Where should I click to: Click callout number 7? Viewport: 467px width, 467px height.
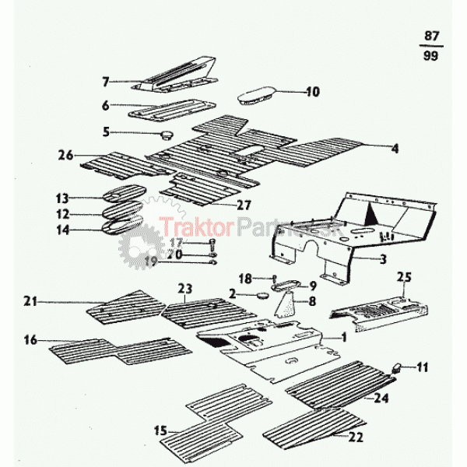106,80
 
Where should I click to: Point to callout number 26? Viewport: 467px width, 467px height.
65,155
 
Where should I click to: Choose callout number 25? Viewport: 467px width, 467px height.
403,276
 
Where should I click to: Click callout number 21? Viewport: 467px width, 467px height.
31,300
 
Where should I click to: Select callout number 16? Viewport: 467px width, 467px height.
31,340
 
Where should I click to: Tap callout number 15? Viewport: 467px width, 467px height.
160,430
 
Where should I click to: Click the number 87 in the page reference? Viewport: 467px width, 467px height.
432,37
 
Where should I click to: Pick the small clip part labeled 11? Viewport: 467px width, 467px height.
397,367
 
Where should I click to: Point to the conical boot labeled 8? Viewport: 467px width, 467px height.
289,304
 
